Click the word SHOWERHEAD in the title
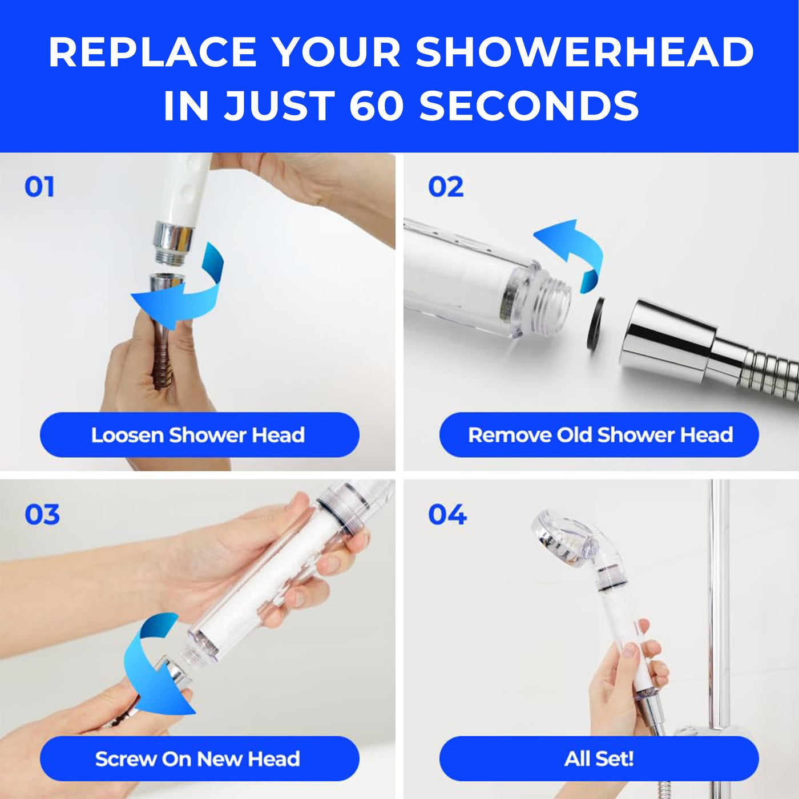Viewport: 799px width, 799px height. coord(584,52)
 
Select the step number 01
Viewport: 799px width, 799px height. coord(39,187)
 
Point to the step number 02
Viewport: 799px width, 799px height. coord(445,187)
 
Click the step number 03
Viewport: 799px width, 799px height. coord(42,515)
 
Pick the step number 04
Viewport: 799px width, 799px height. coord(447,515)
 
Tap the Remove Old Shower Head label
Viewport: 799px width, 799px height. coord(599,435)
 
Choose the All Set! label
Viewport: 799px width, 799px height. coord(599,759)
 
